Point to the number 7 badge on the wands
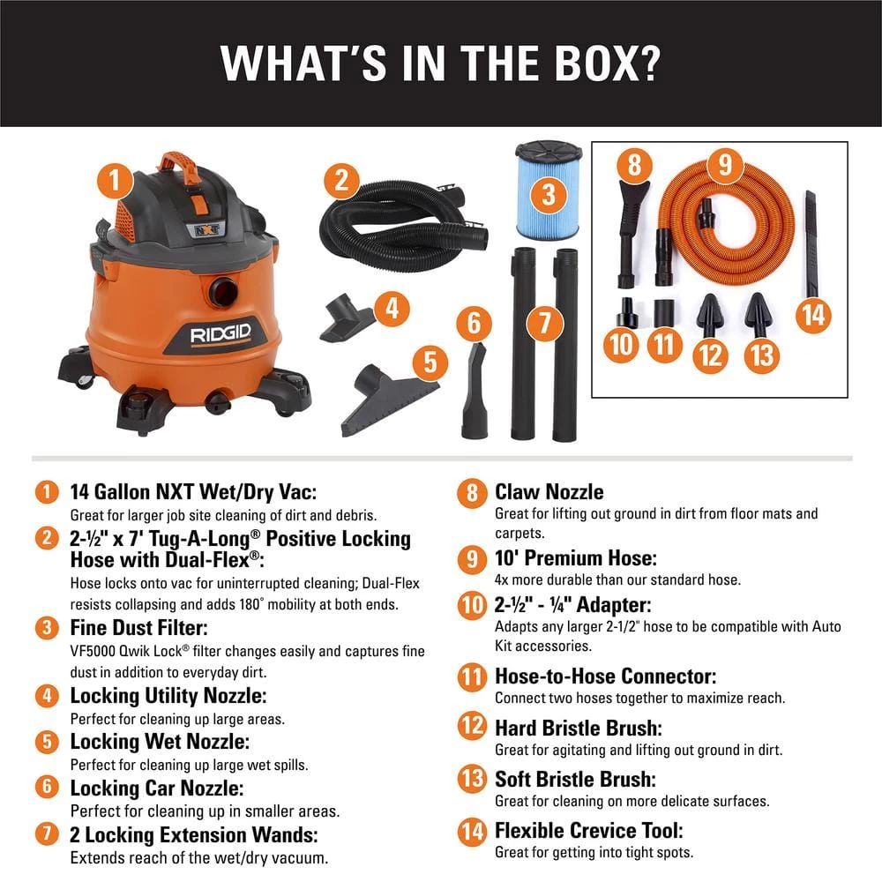[x=545, y=323]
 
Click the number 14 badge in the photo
[x=814, y=315]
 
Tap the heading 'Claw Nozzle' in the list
[x=549, y=491]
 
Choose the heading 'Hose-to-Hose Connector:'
[x=605, y=676]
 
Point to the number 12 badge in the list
[x=471, y=728]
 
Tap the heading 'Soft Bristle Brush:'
[x=575, y=780]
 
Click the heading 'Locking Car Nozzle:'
[x=156, y=788]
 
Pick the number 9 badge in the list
[x=471, y=558]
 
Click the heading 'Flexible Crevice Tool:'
[x=588, y=830]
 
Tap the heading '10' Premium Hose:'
[x=575, y=558]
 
